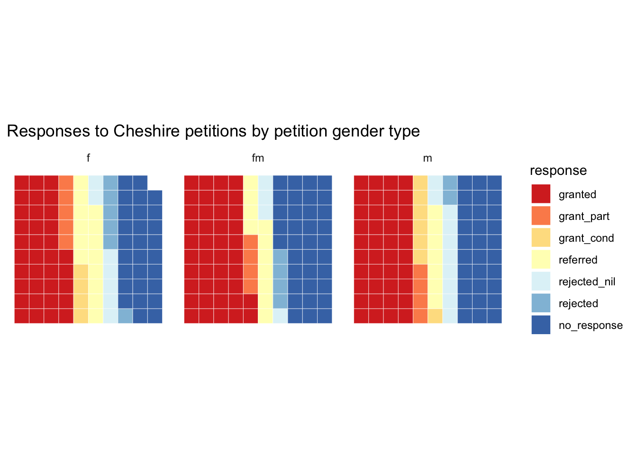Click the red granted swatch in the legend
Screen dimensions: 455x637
point(541,194)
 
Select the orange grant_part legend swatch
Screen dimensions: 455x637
point(541,216)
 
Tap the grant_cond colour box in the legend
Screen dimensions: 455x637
point(541,237)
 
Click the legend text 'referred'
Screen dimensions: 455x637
point(578,260)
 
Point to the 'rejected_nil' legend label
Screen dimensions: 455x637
point(587,282)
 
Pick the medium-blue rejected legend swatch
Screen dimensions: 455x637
point(541,303)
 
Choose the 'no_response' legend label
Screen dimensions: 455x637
point(591,325)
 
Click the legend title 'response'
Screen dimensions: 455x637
point(558,171)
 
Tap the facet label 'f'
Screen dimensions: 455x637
point(88,158)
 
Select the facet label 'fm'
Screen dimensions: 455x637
point(258,158)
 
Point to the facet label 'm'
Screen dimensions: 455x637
point(428,158)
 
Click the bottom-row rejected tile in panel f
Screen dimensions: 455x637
point(125,316)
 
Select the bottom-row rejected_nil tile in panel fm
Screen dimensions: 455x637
point(280,316)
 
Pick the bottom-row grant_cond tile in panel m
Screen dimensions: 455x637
point(435,316)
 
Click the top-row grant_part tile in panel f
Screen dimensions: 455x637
point(66,182)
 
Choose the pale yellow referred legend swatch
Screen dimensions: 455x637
point(541,259)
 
